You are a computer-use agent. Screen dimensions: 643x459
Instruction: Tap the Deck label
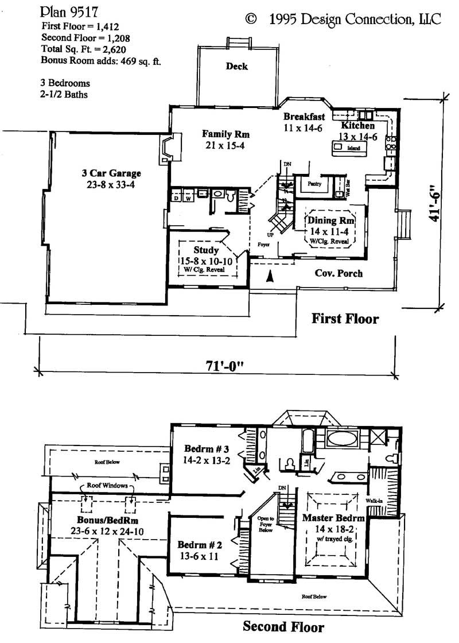tap(236, 67)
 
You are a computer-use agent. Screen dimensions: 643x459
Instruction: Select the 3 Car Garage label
tap(111, 173)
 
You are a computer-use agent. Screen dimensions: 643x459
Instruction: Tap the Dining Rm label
tap(330, 221)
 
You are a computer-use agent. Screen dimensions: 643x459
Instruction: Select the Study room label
tap(206, 250)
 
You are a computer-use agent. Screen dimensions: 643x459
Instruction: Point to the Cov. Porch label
tap(339, 273)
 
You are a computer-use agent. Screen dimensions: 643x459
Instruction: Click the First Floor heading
tap(345, 318)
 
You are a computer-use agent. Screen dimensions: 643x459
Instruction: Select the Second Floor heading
tap(283, 626)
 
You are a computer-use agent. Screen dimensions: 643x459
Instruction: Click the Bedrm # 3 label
tap(207, 448)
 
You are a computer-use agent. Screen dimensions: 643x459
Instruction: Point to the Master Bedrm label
tap(333, 517)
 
